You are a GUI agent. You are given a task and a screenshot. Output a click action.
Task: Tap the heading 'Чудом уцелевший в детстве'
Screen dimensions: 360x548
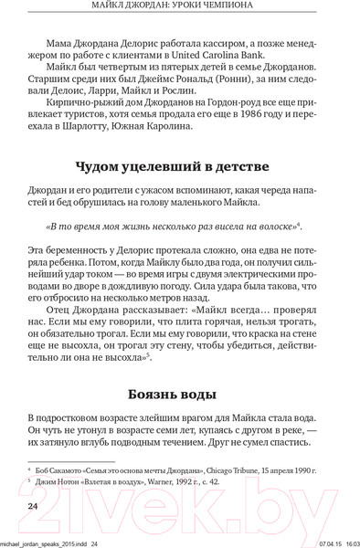point(179,169)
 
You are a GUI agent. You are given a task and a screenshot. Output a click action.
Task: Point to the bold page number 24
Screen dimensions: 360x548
point(31,506)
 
